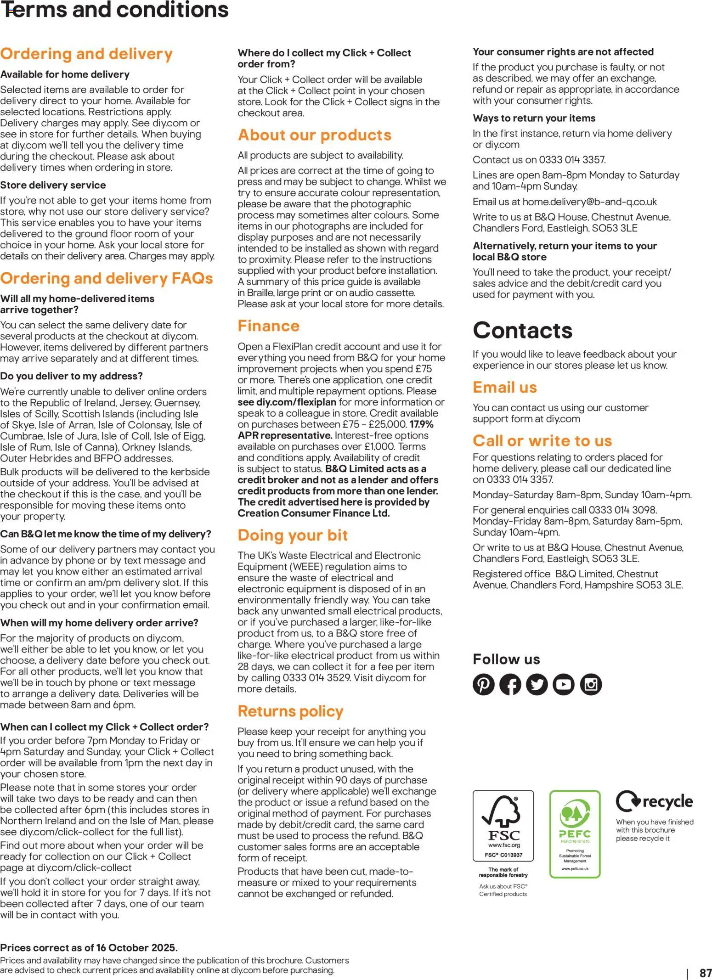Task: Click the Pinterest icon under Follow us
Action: (x=483, y=685)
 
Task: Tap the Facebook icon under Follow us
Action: (x=510, y=685)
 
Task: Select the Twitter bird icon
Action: (x=537, y=685)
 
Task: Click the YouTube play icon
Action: (x=564, y=685)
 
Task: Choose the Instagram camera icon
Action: (x=591, y=685)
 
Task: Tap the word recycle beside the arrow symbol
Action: (x=667, y=802)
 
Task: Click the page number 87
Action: (x=705, y=973)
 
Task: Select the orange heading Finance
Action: (x=268, y=326)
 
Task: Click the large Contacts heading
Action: (x=522, y=330)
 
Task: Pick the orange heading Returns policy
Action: (x=290, y=711)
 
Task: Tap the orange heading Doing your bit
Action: (x=293, y=535)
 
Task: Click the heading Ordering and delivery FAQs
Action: (x=107, y=278)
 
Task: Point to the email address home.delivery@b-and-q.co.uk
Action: (x=589, y=202)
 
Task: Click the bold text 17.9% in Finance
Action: (x=421, y=424)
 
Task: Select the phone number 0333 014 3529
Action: (x=317, y=678)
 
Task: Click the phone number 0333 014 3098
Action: (x=622, y=510)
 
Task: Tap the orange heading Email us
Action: (x=504, y=387)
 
